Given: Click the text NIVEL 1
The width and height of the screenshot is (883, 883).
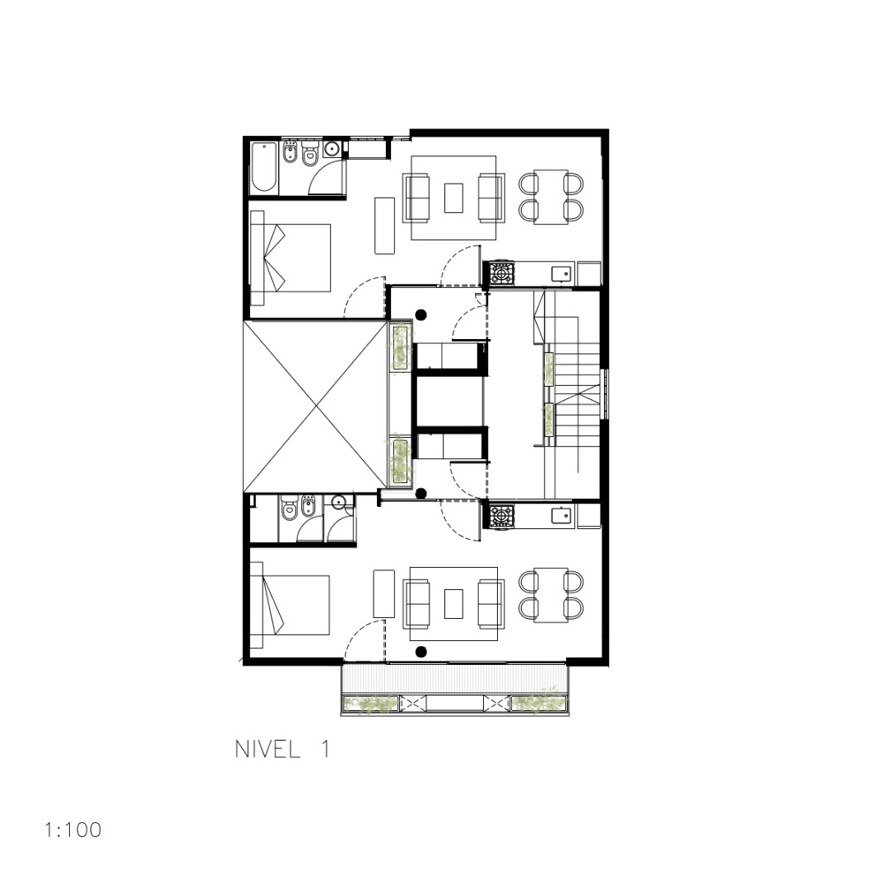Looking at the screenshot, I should coord(282,750).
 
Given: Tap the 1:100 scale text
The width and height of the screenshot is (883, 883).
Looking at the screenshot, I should coord(72,830).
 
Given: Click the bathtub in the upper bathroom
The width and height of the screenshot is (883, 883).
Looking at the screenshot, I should coord(264,168).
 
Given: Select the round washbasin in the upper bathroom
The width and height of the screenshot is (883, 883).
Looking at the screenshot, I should coord(333,149).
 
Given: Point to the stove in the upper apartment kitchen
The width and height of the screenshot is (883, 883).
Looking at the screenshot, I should coord(502,273).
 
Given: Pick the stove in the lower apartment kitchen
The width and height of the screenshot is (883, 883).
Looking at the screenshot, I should coord(502,515).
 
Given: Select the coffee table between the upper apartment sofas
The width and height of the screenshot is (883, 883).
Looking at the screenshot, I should coord(454,197).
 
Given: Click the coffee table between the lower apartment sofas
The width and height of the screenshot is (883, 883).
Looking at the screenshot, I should coord(454,605).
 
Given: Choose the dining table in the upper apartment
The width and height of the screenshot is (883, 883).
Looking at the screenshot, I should coord(551,196).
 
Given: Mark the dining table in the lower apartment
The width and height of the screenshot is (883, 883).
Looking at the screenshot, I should coord(551,594).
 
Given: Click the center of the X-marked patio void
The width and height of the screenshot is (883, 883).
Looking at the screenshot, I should coord(315,406).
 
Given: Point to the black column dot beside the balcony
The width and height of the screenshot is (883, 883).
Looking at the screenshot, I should coord(421,652).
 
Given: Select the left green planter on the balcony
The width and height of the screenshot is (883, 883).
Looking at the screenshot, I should coord(372,704).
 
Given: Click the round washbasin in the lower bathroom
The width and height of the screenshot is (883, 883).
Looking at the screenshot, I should coord(338,503).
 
